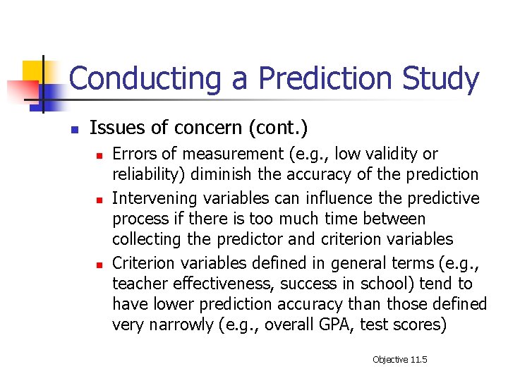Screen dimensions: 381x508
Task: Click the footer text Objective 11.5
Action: tap(400, 360)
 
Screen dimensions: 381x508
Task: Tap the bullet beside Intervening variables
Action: tap(100, 200)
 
